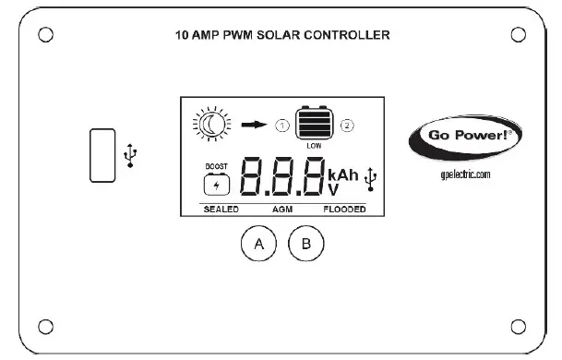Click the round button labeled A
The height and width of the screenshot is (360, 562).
[x=258, y=244]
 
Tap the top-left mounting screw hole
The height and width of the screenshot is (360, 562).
[x=43, y=35]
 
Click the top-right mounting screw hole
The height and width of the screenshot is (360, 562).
[x=518, y=35]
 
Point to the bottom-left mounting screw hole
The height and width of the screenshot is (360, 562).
[x=43, y=325]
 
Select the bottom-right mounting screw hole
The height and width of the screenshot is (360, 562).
[x=518, y=325]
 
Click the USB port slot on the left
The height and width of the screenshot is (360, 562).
[x=102, y=155]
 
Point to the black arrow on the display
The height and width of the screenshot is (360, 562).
[x=254, y=122]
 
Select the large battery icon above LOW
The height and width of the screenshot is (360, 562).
[x=313, y=123]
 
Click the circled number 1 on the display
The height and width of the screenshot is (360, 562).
[x=281, y=124]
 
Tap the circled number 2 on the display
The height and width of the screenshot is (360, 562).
[x=347, y=124]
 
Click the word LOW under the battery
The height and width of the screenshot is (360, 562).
[x=314, y=145]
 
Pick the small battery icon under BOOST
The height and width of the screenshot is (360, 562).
[x=218, y=184]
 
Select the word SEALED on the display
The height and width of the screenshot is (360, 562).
[x=221, y=210]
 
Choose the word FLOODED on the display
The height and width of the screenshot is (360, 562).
[x=344, y=210]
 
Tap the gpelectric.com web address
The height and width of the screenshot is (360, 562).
[x=465, y=174]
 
